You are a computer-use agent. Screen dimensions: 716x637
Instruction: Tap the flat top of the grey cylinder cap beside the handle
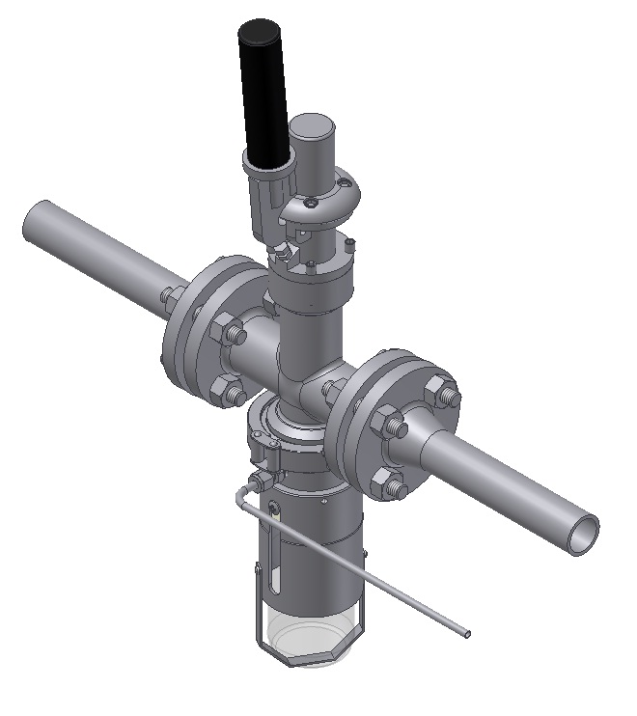314,125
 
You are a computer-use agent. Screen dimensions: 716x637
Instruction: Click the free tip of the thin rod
468,634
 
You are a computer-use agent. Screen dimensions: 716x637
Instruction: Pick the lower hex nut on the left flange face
232,391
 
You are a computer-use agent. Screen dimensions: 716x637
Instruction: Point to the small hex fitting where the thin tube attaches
260,480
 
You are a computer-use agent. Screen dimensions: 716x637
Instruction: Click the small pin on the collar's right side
351,241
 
